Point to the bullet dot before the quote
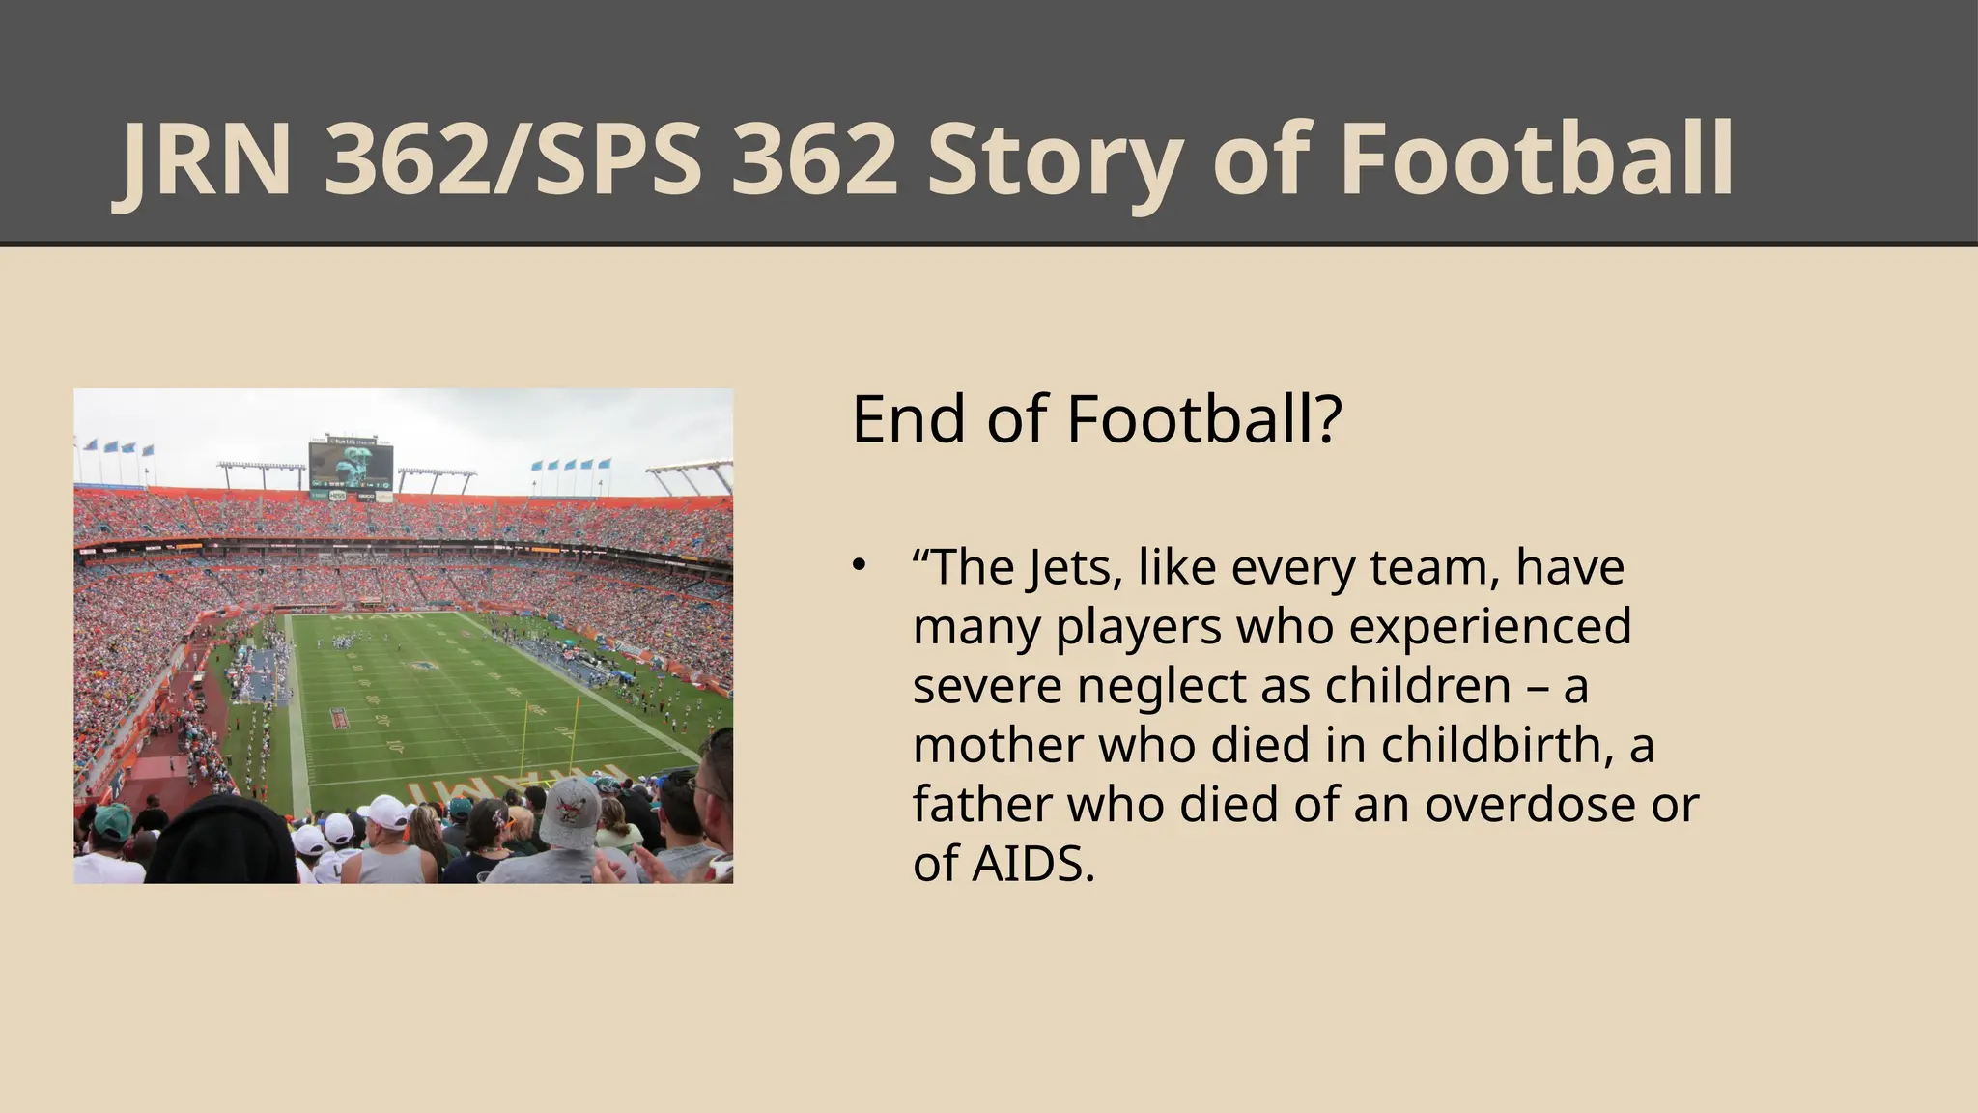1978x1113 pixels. click(859, 565)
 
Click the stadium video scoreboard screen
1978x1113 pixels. click(351, 465)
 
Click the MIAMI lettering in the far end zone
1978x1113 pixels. click(377, 615)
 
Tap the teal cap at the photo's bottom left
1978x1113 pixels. click(113, 821)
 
